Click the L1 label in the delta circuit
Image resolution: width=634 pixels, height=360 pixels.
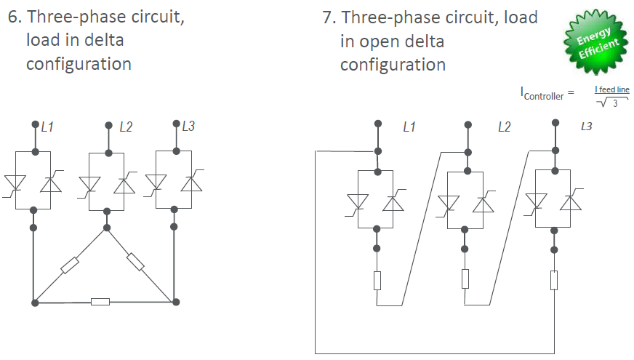[47, 127]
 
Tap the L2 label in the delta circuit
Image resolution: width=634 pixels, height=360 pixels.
[126, 127]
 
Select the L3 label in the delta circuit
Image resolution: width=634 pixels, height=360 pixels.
[188, 126]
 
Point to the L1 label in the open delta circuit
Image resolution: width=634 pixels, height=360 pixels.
[409, 127]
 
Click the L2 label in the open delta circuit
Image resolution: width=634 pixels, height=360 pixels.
[504, 127]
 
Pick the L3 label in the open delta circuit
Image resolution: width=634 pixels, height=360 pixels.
[586, 127]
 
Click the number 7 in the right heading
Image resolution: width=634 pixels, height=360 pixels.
[327, 17]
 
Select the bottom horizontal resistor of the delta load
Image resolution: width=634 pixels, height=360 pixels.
[100, 301]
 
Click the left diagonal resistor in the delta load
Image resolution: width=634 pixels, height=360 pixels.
[70, 265]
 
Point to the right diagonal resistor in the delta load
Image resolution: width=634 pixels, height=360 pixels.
[137, 260]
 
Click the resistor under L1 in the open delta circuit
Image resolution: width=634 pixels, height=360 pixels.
[377, 279]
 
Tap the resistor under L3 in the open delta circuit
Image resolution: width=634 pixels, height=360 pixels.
[554, 279]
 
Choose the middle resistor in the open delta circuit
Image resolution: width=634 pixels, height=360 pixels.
[465, 279]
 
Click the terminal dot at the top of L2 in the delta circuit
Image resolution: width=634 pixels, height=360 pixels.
[107, 124]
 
